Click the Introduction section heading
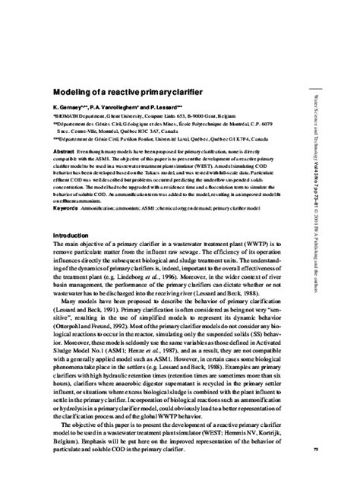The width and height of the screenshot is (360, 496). (74, 215)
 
